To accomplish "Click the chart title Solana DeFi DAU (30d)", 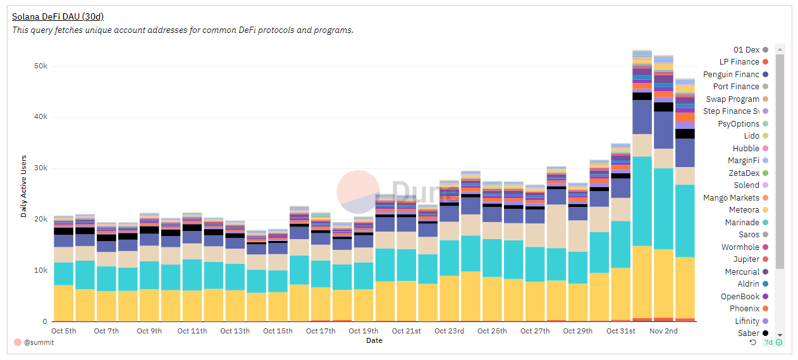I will [58, 17].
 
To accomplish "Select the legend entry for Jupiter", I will [746, 259].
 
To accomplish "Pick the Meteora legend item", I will [744, 210].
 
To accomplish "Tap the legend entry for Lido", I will [751, 136].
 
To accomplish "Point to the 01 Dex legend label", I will [746, 49].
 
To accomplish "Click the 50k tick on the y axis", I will [39, 66].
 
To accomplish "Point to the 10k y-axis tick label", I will [39, 271].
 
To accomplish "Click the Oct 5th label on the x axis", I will [63, 331].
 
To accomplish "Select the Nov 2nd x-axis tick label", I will [664, 331].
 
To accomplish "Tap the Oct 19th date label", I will [364, 331].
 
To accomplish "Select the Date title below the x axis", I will [374, 340].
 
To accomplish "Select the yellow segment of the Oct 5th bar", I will [63, 304].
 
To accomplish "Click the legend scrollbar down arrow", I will [780, 335].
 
